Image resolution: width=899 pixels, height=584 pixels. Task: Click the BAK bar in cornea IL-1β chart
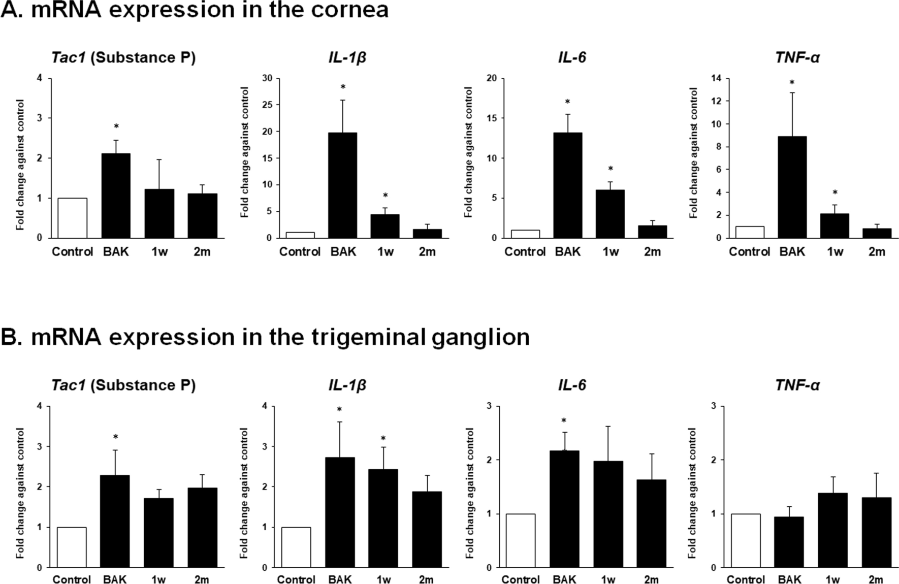(x=342, y=185)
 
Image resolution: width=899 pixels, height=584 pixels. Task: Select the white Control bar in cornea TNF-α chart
(x=750, y=232)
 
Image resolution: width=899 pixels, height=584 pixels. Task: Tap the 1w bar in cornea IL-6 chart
(x=610, y=214)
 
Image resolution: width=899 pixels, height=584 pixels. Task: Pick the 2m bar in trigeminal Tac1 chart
(x=202, y=528)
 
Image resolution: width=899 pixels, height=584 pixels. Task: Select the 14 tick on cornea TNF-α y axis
(x=716, y=79)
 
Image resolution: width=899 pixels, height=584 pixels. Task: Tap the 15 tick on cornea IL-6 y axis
(x=492, y=118)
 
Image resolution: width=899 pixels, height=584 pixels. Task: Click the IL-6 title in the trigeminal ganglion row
(x=572, y=385)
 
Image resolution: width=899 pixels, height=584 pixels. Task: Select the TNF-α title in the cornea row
(x=797, y=57)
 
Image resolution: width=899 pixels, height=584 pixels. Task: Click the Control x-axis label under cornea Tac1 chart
(x=72, y=252)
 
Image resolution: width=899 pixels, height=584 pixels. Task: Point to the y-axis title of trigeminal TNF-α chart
(x=693, y=493)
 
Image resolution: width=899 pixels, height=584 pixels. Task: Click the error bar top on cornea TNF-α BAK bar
(x=792, y=93)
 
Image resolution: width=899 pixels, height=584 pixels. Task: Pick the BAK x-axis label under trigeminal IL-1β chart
(x=340, y=579)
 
